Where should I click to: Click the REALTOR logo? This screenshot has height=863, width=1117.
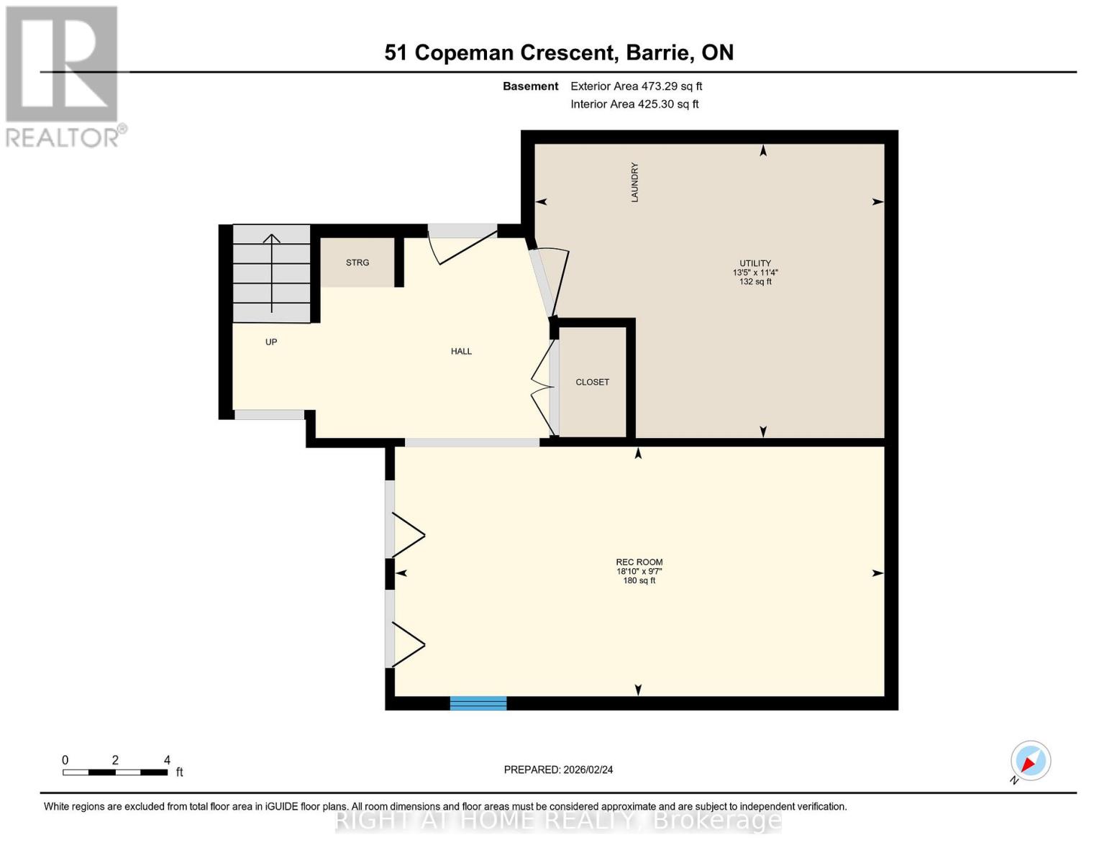(63, 76)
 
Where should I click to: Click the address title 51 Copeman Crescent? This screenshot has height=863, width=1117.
(558, 52)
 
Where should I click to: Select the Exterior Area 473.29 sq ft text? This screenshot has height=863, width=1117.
(636, 86)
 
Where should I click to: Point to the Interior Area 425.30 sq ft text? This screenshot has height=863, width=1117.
(634, 104)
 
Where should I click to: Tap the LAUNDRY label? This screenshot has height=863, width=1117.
(634, 182)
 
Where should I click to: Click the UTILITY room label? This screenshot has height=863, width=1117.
(754, 263)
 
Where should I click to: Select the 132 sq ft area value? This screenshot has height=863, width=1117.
(754, 282)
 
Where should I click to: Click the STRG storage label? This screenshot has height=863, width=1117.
(357, 262)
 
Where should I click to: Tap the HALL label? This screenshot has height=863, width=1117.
(461, 352)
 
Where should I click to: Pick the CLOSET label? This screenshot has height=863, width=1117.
(592, 382)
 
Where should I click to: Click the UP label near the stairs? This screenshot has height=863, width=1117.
(271, 342)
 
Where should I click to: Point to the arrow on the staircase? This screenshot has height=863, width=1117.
(271, 273)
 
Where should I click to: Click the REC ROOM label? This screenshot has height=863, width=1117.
(639, 562)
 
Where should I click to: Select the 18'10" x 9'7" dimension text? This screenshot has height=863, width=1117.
(639, 572)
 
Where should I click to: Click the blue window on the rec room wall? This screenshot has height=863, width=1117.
(478, 703)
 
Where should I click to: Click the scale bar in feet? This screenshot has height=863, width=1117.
(115, 772)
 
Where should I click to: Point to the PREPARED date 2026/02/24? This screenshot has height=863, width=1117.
(558, 770)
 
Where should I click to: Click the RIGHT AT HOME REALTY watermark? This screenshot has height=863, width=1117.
(558, 820)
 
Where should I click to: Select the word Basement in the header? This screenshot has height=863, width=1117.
(530, 86)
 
